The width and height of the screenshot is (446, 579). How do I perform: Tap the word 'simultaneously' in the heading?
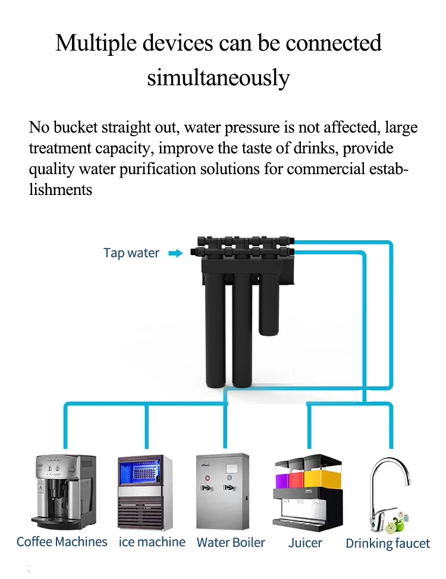[218, 77]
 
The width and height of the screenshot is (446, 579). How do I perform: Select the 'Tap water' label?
[131, 253]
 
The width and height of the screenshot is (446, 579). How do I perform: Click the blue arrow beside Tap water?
[175, 253]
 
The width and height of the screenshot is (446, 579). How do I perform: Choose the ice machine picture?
[145, 492]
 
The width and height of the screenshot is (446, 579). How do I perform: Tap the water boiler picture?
[223, 492]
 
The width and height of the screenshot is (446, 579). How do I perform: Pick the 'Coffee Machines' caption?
[62, 542]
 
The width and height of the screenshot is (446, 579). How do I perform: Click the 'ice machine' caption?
[152, 542]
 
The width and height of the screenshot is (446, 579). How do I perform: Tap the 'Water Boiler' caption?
[231, 543]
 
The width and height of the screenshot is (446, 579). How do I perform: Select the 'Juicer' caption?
[305, 543]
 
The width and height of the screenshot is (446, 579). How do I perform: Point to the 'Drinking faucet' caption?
[388, 543]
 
